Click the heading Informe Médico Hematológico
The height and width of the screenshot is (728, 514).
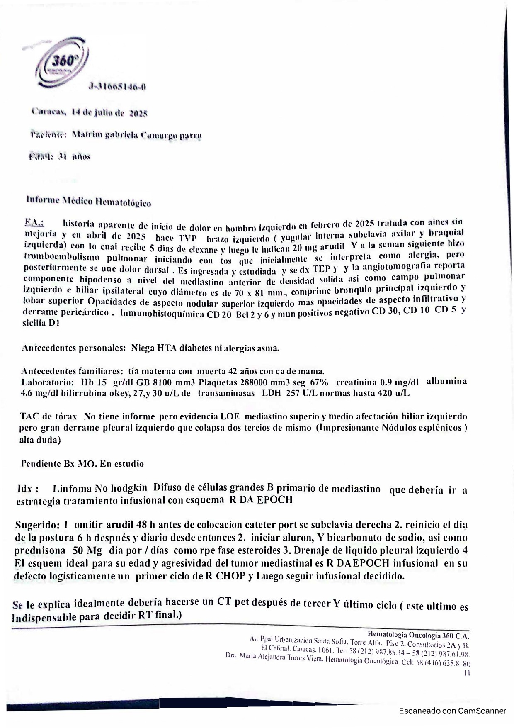[89, 200]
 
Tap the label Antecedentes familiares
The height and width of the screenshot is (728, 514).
[71, 371]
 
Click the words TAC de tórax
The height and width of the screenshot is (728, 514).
[48, 416]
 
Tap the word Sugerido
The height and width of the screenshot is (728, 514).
[37, 524]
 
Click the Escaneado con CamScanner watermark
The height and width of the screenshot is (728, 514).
[452, 711]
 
